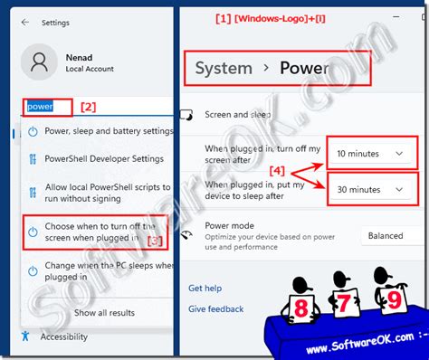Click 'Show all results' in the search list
pyautogui.click(x=104, y=312)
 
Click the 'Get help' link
pyautogui.click(x=204, y=289)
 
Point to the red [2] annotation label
pyautogui.click(x=88, y=106)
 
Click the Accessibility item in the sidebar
pyautogui.click(x=63, y=336)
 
